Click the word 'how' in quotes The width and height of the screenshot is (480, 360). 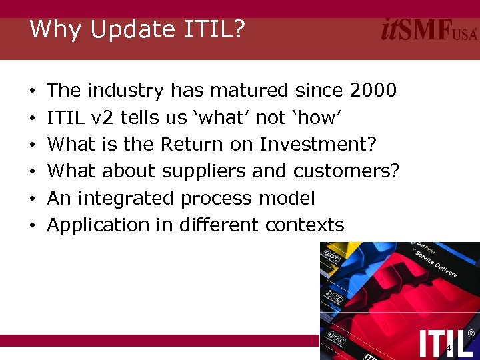tap(317, 117)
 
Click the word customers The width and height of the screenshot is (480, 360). tap(346, 171)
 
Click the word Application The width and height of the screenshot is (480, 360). tap(99, 225)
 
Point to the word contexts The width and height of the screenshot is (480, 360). tap(305, 225)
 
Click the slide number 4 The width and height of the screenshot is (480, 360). tap(449, 349)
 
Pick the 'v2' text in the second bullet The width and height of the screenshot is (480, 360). tap(104, 117)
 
